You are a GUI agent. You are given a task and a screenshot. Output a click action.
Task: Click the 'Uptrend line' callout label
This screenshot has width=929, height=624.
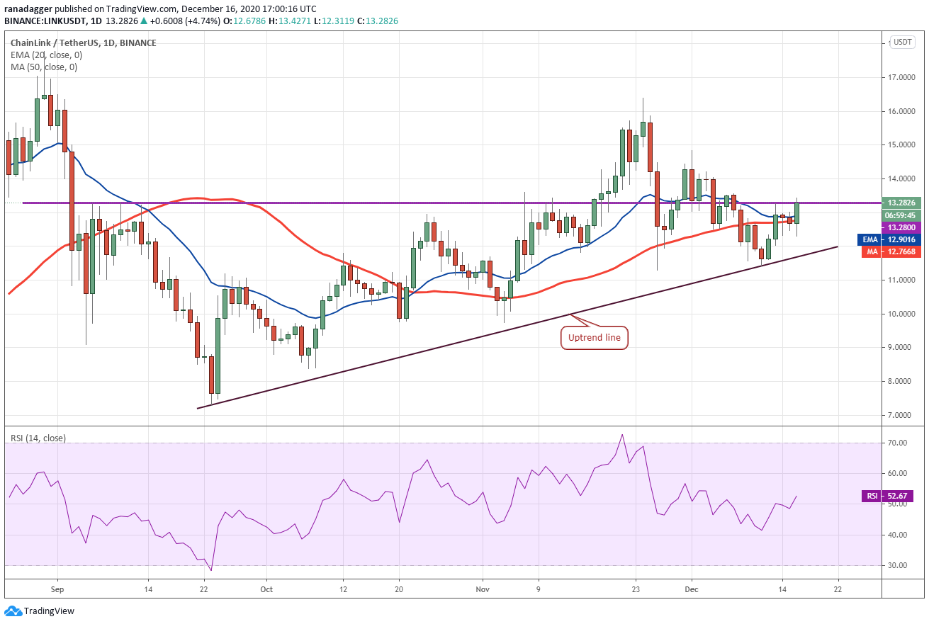pos(594,338)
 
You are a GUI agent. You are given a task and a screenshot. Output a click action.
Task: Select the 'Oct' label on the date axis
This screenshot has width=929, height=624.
pos(266,589)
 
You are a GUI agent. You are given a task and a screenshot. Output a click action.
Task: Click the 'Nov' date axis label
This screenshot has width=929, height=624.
pos(483,589)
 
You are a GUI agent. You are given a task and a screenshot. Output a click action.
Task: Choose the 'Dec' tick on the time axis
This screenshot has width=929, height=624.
pos(692,589)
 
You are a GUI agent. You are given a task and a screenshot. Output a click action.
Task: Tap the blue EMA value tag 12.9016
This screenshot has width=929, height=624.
pos(889,239)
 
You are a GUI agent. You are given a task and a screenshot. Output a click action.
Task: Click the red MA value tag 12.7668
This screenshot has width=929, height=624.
pos(891,251)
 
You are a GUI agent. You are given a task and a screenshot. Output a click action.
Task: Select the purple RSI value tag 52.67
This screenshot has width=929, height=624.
pos(891,496)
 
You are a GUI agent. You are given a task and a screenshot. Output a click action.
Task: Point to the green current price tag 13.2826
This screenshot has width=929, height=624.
pos(901,203)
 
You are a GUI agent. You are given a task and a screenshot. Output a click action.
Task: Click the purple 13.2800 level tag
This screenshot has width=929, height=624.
pos(901,227)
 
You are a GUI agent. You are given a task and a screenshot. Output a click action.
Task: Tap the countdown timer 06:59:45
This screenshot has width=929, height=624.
pos(901,215)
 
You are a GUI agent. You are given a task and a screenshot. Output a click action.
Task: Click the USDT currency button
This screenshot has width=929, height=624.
pos(903,42)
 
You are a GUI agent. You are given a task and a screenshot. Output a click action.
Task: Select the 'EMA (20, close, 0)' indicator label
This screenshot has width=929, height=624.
pos(46,55)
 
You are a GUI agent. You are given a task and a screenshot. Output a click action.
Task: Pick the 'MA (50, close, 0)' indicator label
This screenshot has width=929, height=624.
pos(43,67)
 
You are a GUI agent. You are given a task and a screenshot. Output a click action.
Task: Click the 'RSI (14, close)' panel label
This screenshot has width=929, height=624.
pos(38,438)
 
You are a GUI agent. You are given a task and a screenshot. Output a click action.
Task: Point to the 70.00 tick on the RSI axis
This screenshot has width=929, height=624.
pos(897,443)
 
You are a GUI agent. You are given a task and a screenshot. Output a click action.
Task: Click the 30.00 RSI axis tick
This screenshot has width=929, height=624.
pos(897,565)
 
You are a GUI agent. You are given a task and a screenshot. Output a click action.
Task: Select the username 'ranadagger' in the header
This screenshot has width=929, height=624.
pos(28,8)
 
